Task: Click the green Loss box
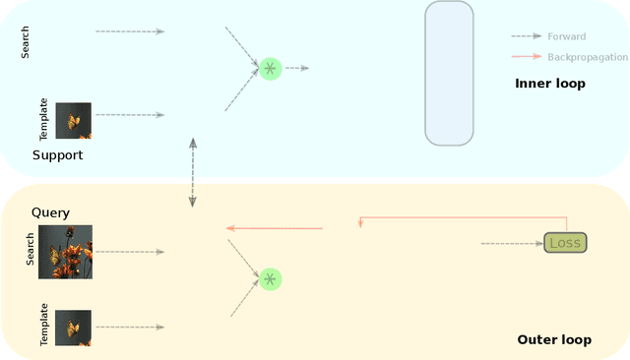click(x=565, y=242)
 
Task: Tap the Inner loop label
click(x=550, y=84)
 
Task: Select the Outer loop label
click(x=554, y=340)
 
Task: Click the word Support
click(x=58, y=155)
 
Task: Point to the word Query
click(x=50, y=212)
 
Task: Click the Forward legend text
click(x=566, y=36)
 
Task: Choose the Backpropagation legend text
click(x=588, y=57)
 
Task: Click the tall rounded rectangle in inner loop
click(x=449, y=73)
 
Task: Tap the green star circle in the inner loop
click(x=270, y=68)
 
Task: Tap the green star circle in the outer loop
click(x=270, y=278)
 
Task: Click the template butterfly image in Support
click(x=74, y=121)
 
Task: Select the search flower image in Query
click(x=65, y=252)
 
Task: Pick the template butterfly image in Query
click(x=74, y=328)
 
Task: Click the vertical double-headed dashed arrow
click(x=193, y=171)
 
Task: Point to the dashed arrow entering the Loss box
click(x=511, y=243)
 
